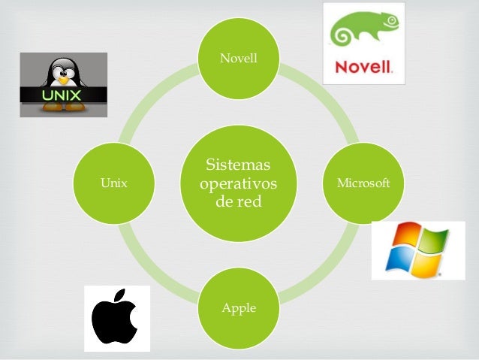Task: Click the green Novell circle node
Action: tap(239, 59)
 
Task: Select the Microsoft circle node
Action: tap(363, 183)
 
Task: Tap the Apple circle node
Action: tap(239, 308)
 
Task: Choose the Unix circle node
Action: tap(113, 183)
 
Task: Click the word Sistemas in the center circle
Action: tap(238, 165)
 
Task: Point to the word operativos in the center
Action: tap(238, 184)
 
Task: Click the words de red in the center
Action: tap(239, 201)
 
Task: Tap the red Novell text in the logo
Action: tap(363, 66)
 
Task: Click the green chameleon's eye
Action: tap(391, 20)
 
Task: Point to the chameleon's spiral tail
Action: tap(340, 35)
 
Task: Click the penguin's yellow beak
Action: tap(63, 80)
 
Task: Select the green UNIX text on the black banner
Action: tap(62, 95)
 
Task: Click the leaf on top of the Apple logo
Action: tap(120, 295)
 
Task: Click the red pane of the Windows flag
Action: tap(406, 234)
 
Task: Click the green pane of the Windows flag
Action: tap(433, 240)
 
